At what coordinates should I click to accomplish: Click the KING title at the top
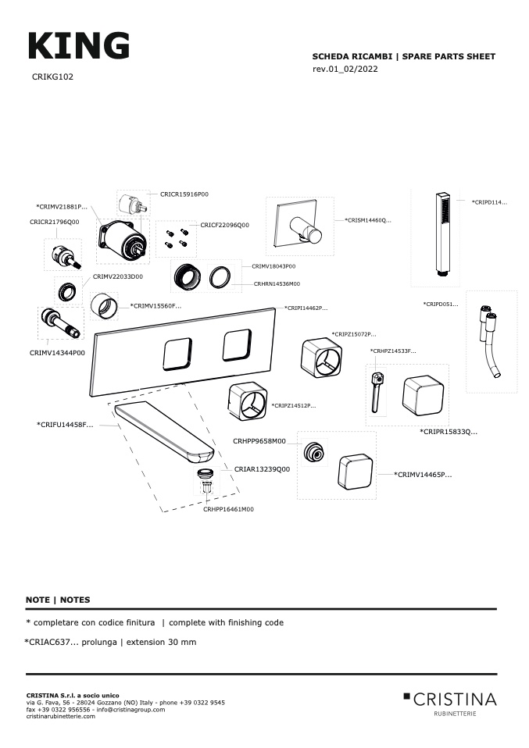tap(78, 46)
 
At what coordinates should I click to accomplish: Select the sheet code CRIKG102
tap(52, 77)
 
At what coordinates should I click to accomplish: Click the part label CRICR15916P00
tap(184, 194)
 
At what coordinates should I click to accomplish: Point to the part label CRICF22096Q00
tap(224, 225)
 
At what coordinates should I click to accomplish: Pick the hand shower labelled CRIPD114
tap(442, 234)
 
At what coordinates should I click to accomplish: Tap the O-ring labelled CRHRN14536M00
tap(221, 276)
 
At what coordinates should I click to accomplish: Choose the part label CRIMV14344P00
tap(57, 353)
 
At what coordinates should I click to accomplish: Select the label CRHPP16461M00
tap(228, 509)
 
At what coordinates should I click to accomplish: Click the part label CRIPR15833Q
tap(448, 432)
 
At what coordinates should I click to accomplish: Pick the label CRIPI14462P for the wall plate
tap(306, 308)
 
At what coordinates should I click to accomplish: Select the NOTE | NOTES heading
tap(58, 600)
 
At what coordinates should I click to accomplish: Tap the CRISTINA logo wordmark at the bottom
tap(454, 698)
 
